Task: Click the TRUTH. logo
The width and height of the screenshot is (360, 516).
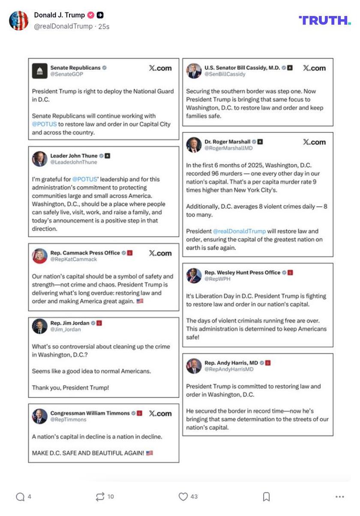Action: (x=324, y=20)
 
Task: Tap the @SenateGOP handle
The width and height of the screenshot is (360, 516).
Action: (x=66, y=74)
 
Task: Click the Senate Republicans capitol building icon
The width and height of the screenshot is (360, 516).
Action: (x=39, y=71)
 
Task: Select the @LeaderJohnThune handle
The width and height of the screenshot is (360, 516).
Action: (x=74, y=162)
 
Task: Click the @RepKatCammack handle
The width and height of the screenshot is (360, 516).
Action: (x=73, y=259)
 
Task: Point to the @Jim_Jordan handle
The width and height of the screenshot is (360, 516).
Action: (x=66, y=330)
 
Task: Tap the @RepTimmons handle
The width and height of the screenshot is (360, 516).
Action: (x=68, y=420)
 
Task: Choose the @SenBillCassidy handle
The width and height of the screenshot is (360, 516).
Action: (x=225, y=74)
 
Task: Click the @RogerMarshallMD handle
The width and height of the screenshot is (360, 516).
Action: (x=228, y=148)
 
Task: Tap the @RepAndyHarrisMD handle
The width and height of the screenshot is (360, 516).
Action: (x=229, y=369)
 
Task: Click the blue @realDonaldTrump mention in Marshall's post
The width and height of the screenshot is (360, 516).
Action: (x=239, y=231)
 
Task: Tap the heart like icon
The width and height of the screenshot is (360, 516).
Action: (x=183, y=496)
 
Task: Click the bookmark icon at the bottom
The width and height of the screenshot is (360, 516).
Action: (x=266, y=496)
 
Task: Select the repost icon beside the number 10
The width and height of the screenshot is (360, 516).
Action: (x=100, y=496)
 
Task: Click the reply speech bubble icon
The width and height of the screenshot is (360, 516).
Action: (x=20, y=496)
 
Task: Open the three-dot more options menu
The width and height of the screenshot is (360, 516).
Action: (x=340, y=496)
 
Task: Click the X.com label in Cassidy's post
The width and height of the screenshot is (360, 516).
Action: (x=314, y=68)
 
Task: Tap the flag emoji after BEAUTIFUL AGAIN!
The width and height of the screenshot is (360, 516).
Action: (x=150, y=453)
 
